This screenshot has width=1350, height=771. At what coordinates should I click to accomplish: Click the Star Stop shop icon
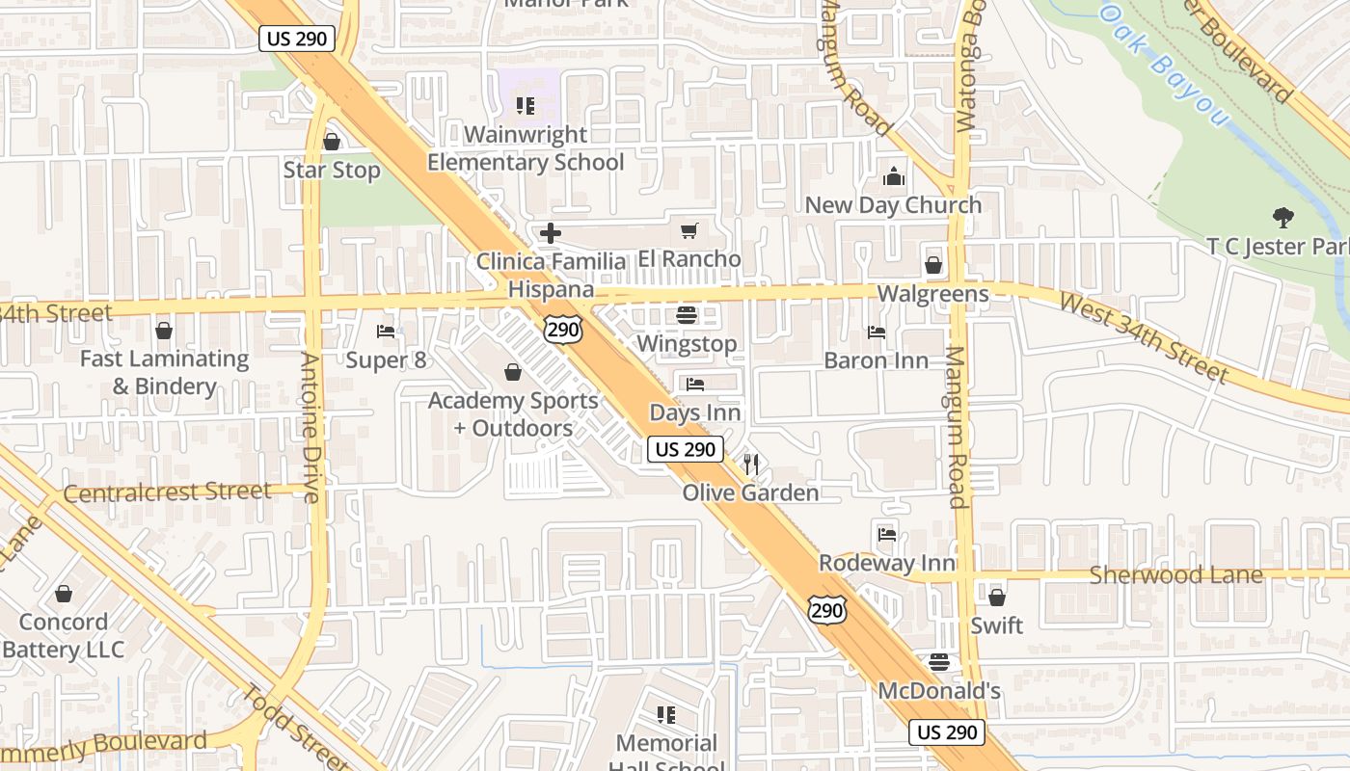click(x=332, y=143)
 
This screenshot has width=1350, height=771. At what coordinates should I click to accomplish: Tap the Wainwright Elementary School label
click(x=526, y=148)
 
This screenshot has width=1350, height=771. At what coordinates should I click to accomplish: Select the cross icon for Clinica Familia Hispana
click(x=551, y=233)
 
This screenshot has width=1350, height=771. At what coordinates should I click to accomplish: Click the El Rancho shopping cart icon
click(x=688, y=231)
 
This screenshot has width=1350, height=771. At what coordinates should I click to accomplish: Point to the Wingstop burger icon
click(x=687, y=315)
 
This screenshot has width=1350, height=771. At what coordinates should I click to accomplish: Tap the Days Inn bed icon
click(x=694, y=385)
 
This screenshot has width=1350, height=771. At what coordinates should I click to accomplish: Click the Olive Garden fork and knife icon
click(x=751, y=465)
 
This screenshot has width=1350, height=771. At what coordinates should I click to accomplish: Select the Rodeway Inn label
click(x=887, y=563)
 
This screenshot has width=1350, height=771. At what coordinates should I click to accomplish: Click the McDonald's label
click(x=939, y=691)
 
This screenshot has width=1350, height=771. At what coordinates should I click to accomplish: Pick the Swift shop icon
click(x=996, y=598)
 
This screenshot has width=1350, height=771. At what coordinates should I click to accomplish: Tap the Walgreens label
click(x=932, y=294)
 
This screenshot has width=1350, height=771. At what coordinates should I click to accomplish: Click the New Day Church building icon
click(x=894, y=177)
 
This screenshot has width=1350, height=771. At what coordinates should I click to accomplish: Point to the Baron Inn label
click(x=876, y=360)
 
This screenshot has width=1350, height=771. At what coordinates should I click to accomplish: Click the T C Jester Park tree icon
click(x=1282, y=218)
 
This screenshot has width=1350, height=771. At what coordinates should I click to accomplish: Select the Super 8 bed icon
click(x=386, y=332)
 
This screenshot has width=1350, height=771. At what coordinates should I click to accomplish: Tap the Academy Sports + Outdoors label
click(x=513, y=413)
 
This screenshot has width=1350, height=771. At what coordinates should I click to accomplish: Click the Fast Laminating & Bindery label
click(x=164, y=372)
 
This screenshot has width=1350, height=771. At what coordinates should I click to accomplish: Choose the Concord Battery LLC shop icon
click(x=64, y=594)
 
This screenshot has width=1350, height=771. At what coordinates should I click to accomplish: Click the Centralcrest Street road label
click(x=168, y=492)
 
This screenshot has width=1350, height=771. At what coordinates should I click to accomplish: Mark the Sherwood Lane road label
click(x=1175, y=575)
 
